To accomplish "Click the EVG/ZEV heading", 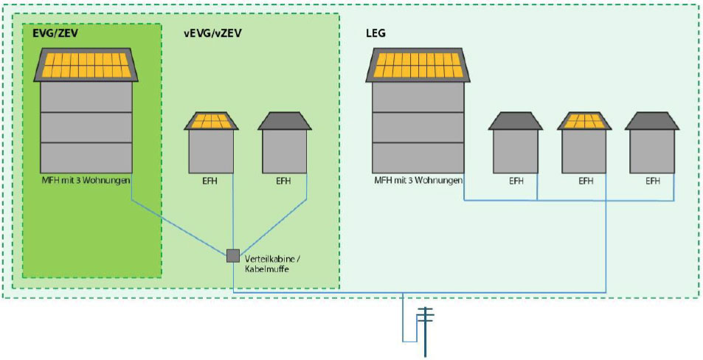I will pyautogui.click(x=55, y=33).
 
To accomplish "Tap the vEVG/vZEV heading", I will pyautogui.click(x=212, y=33).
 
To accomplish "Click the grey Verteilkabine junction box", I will pyautogui.click(x=232, y=255).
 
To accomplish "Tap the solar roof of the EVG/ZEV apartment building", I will pyautogui.click(x=86, y=65).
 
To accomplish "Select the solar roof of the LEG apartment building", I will pyautogui.click(x=418, y=65).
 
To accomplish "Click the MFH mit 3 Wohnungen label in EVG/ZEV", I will pyautogui.click(x=86, y=180).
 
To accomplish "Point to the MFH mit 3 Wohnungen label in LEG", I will pyautogui.click(x=418, y=180).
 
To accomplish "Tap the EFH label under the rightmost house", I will pyautogui.click(x=652, y=180).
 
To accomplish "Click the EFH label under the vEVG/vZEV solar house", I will pyautogui.click(x=211, y=180).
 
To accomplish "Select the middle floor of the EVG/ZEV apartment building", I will pyautogui.click(x=86, y=127).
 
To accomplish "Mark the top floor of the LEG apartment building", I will pyautogui.click(x=418, y=97).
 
